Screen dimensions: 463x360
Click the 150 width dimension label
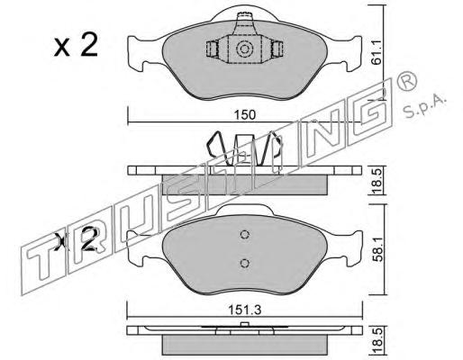pyautogui.click(x=245, y=115)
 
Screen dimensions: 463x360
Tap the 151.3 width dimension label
pyautogui.click(x=245, y=310)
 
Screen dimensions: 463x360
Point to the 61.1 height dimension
pyautogui.click(x=376, y=53)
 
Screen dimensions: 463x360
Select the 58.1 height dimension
pyautogui.click(x=377, y=248)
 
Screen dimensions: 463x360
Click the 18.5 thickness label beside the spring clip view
pyautogui.click(x=377, y=181)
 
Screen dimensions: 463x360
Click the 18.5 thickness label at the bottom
pyautogui.click(x=377, y=341)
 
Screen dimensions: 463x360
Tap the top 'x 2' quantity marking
pyautogui.click(x=77, y=45)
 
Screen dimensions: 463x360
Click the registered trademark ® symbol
pyautogui.click(x=406, y=81)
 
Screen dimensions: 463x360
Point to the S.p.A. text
pyautogui.click(x=423, y=107)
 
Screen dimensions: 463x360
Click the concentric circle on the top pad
pyautogui.click(x=243, y=49)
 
